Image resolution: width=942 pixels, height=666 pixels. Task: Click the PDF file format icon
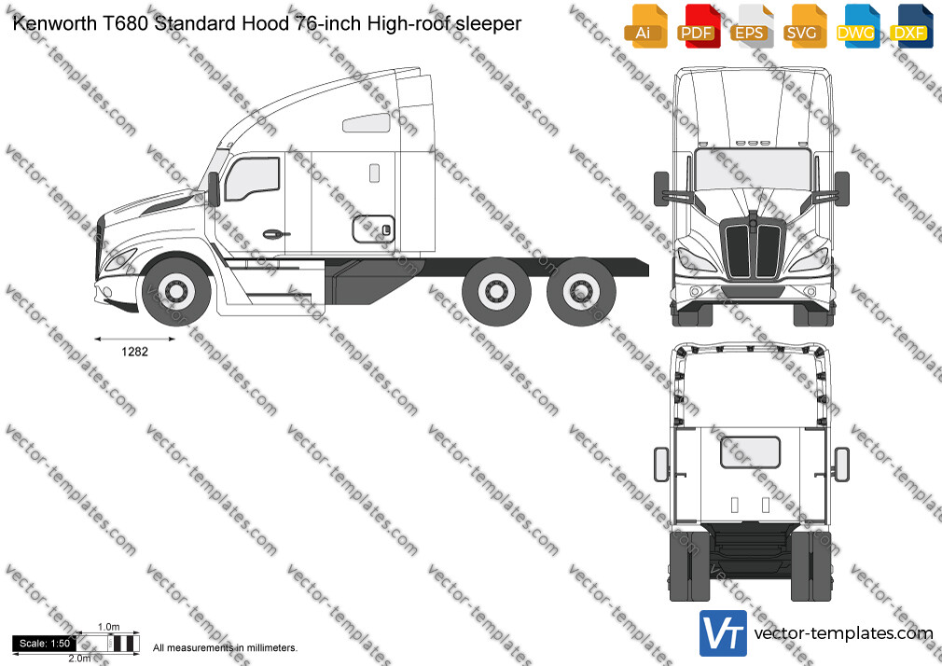coord(697,26)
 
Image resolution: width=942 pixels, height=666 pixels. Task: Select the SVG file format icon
coord(804,26)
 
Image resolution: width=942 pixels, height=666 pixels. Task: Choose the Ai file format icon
coord(645,26)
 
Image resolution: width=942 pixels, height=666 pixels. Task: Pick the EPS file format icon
coord(751,26)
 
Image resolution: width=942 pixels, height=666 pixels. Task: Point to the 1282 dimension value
coord(134,352)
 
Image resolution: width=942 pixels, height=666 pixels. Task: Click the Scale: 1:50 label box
coord(45,644)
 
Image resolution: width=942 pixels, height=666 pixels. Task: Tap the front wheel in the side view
coord(176,292)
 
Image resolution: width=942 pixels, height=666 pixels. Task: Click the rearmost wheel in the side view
coord(581,292)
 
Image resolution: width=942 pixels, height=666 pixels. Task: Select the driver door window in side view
coord(253,178)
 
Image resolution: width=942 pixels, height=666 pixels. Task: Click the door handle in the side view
coord(275,234)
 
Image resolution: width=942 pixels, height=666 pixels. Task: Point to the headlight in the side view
coord(119,259)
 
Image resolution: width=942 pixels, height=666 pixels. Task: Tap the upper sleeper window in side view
coord(367,123)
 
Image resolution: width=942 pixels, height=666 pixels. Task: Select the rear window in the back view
coord(751,452)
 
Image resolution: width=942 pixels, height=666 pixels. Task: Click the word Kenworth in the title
coord(55,23)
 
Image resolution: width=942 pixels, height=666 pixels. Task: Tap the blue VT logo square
coord(724,633)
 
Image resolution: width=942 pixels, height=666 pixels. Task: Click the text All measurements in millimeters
coord(225,648)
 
